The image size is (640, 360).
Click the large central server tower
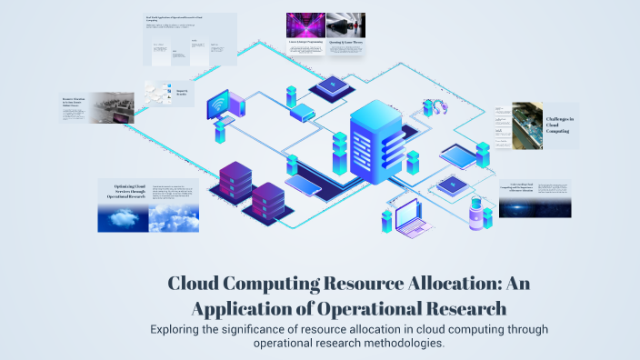point(369,145)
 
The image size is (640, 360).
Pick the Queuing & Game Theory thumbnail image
point(345,25)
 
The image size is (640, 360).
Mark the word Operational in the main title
point(398,307)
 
